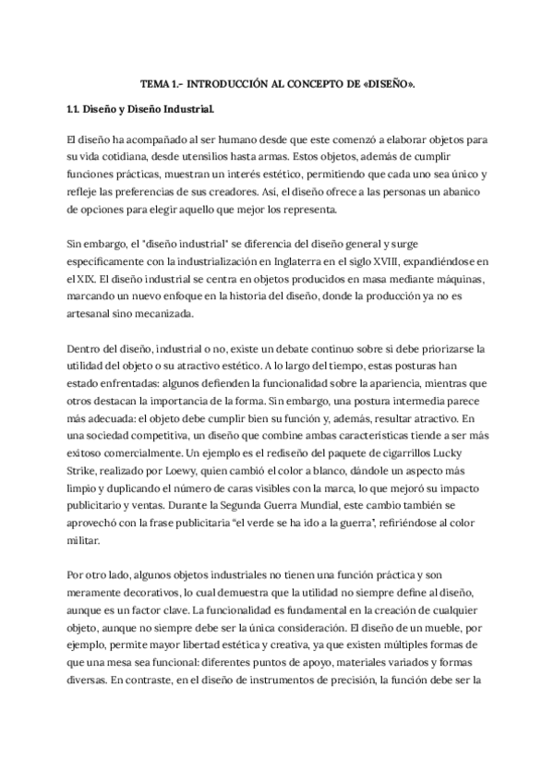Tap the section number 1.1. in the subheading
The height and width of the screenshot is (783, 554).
(x=78, y=110)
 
